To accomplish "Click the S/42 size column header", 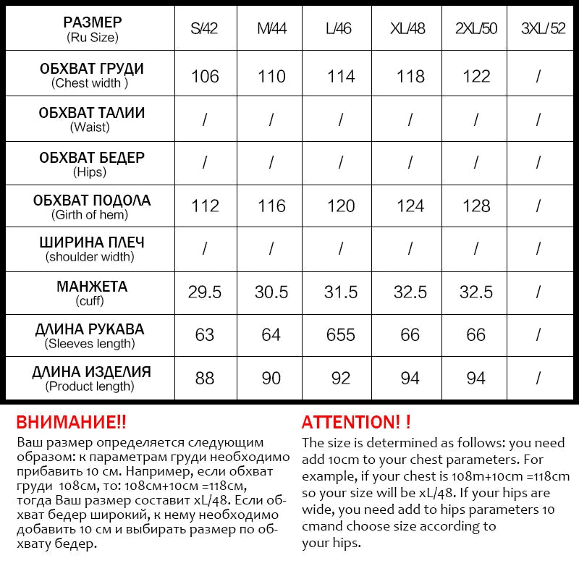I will coord(205,29).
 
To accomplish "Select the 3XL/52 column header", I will coord(543,29).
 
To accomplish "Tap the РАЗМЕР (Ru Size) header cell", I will coord(92,29).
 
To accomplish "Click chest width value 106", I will coord(205,77).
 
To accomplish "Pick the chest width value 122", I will coord(476,77).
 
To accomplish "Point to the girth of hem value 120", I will coord(340,206).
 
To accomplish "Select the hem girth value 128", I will coord(476,206).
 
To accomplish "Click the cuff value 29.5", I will coord(205,292).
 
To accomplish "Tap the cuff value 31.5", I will coord(340,292).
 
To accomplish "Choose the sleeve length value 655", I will coord(340,335).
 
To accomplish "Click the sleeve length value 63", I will coord(205,335).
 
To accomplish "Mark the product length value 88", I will coord(205,378).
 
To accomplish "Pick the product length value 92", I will coord(340,378).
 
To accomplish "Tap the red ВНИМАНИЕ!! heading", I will coord(71,422).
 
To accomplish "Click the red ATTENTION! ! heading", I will coord(356,422).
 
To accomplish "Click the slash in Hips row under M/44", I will coord(272,164).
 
